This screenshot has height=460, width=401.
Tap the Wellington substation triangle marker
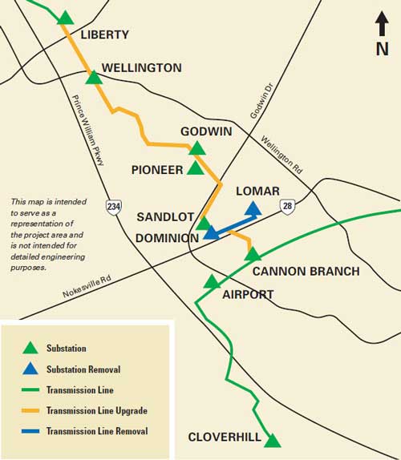(94, 78)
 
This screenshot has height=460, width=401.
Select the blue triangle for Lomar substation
(253, 209)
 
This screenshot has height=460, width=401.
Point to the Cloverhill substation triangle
(273, 440)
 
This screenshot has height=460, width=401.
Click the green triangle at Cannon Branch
(253, 255)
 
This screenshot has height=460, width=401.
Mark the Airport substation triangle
(212, 281)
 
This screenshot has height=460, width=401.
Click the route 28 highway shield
(287, 208)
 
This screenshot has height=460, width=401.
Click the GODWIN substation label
(206, 131)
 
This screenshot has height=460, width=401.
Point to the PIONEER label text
(157, 170)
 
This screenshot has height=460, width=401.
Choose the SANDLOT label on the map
(165, 217)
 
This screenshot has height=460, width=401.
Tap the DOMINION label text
(167, 238)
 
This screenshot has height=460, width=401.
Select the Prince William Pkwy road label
(88, 132)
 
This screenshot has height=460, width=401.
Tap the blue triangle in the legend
(30, 369)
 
